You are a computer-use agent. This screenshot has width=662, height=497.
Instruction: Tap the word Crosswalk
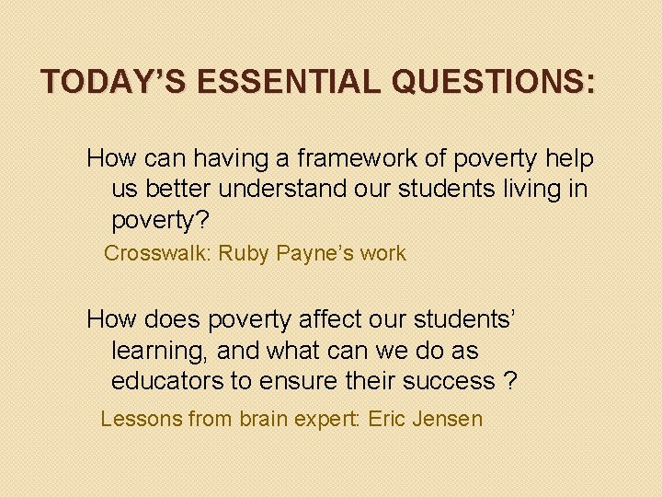pyautogui.click(x=156, y=254)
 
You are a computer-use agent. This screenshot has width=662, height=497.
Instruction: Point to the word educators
pyautogui.click(x=165, y=381)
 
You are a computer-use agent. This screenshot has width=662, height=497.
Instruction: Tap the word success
pyautogui.click(x=449, y=381)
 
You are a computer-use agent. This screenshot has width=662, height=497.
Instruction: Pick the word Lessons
pyautogui.click(x=141, y=420)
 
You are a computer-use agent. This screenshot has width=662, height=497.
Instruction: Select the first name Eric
pyautogui.click(x=386, y=420)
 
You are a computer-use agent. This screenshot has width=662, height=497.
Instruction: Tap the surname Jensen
pyautogui.click(x=448, y=420)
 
